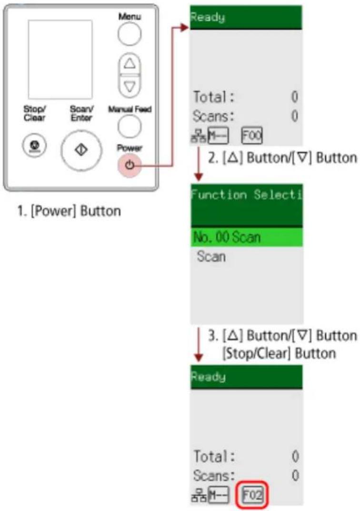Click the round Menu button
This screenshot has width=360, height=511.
point(130,33)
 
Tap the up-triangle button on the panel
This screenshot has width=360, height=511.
point(130,63)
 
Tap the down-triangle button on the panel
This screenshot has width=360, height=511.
point(130,86)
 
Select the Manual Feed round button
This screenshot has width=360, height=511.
point(130,126)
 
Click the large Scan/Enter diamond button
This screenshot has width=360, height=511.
point(81,150)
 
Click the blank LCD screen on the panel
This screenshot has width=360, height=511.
point(60,60)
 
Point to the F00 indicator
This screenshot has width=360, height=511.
point(251,136)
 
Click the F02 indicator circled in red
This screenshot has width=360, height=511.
point(252,495)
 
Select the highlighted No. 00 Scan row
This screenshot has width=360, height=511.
point(247,237)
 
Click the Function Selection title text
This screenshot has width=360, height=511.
point(247,195)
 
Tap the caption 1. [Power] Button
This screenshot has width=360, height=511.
point(69,211)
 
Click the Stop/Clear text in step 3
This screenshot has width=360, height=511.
point(279,353)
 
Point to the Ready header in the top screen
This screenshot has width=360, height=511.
point(208,17)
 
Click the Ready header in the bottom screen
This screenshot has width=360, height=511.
point(208,377)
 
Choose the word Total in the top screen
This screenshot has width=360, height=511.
point(210,97)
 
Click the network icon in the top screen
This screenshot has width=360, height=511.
point(198,136)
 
